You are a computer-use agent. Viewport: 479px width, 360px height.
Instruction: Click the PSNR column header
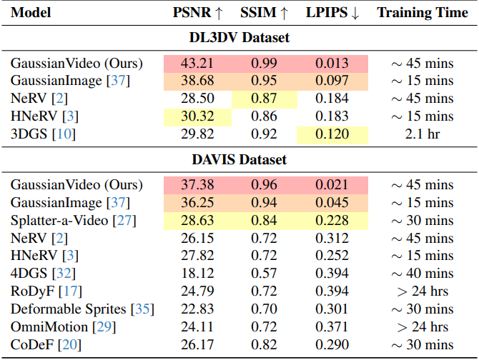[197, 12]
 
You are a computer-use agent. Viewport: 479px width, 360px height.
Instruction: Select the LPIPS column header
[332, 12]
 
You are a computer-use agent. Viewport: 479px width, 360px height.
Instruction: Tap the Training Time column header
[423, 12]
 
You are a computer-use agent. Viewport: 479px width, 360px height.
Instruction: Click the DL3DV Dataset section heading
[239, 38]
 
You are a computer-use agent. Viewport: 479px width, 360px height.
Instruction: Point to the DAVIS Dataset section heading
[239, 161]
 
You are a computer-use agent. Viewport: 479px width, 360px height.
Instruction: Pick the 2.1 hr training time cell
[423, 133]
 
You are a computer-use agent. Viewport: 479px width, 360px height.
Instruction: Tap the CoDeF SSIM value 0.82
[264, 344]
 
